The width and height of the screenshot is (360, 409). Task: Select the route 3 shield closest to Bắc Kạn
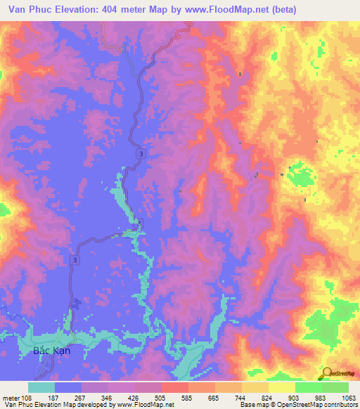(74, 260)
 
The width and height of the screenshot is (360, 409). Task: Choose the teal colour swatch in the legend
(41, 387)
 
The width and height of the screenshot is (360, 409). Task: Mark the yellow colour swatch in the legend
(282, 387)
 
